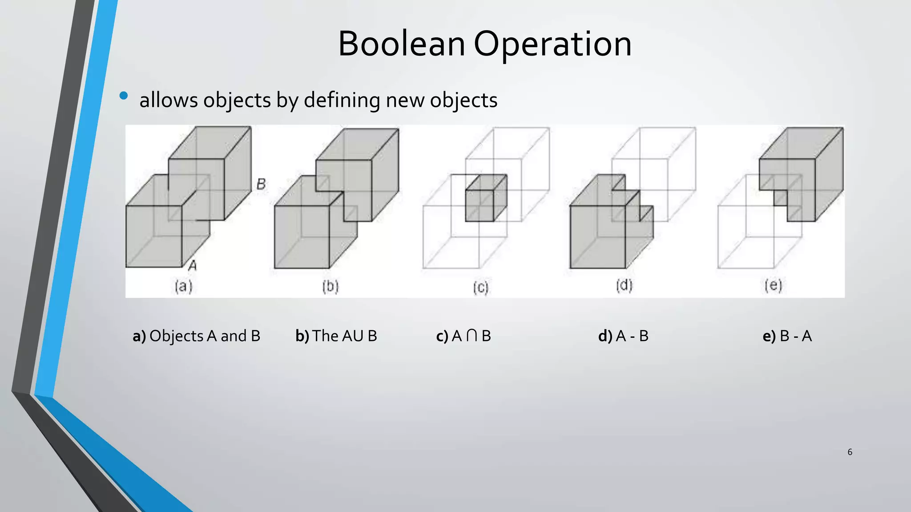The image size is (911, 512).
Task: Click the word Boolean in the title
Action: click(401, 44)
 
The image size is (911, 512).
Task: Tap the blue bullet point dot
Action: click(124, 96)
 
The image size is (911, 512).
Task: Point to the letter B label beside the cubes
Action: click(261, 184)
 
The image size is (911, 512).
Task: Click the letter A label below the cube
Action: click(193, 266)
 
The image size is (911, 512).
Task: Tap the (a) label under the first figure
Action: click(183, 286)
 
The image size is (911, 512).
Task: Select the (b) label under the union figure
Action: click(331, 286)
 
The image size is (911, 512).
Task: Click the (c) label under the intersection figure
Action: click(480, 288)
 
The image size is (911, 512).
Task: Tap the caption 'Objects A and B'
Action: click(205, 336)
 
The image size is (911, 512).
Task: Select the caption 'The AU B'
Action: click(344, 336)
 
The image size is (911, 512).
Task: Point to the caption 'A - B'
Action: click(632, 336)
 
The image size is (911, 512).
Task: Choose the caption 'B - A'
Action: click(796, 336)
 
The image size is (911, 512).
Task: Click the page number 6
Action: click(850, 452)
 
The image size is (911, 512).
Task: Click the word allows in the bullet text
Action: click(168, 100)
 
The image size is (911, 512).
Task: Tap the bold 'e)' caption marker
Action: click(769, 336)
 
